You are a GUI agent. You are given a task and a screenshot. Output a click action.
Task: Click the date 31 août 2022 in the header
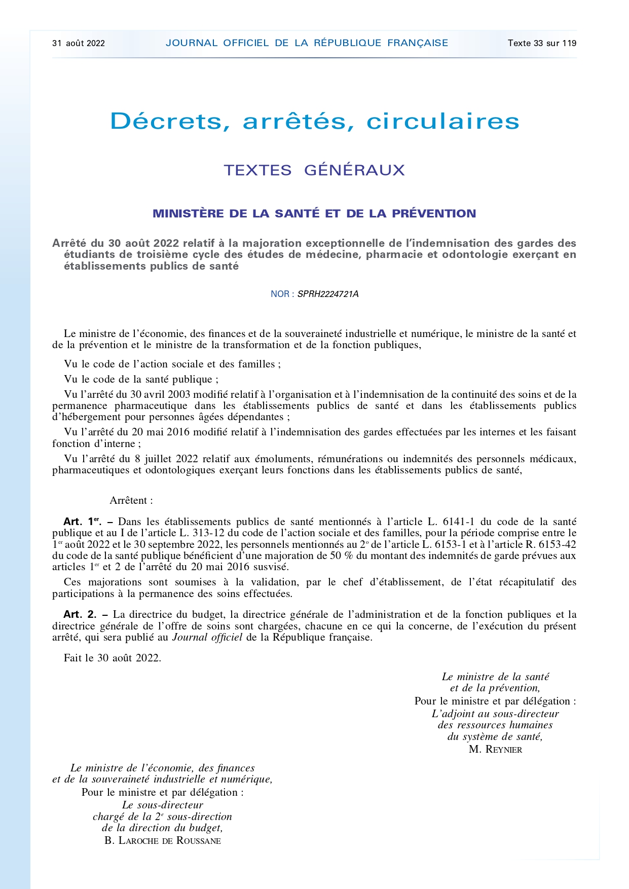coord(79,43)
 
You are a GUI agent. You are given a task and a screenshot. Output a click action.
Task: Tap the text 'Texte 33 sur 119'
coord(542,43)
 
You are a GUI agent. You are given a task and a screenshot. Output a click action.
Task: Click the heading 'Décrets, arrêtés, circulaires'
coord(315,121)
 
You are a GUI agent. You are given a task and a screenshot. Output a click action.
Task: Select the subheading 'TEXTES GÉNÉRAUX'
coord(314,170)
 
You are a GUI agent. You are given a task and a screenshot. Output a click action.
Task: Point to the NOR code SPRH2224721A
coord(328,294)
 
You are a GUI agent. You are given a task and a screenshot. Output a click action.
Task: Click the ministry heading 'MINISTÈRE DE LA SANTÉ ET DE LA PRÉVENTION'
coord(314,213)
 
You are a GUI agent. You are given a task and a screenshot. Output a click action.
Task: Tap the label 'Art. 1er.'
coord(82,522)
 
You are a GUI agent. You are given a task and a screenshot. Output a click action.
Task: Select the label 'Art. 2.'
coord(80,615)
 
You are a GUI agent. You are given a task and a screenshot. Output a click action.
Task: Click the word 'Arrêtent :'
coord(131,501)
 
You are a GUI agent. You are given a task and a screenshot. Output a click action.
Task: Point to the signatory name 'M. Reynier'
coord(495,750)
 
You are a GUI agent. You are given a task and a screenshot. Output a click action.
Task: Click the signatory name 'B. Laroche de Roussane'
coord(163,841)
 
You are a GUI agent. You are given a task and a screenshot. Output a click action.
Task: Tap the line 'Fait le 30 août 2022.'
coord(113,658)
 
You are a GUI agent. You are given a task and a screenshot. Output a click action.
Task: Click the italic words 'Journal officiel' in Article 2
coord(207,638)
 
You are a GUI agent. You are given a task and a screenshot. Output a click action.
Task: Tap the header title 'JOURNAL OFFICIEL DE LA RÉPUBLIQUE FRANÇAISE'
coord(307,43)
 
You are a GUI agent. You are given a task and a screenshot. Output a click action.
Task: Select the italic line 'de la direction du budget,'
coord(162,828)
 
